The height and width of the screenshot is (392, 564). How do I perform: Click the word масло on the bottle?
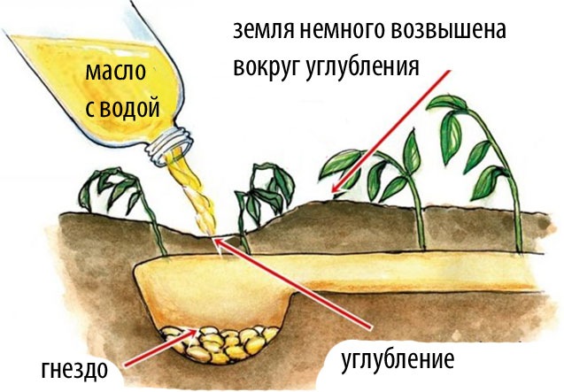point(115,73)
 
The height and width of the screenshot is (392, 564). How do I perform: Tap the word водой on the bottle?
point(129,107)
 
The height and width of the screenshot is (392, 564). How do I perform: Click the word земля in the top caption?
point(263,31)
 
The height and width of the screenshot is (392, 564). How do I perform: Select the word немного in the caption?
point(342,31)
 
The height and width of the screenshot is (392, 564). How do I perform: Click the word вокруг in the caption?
point(267,66)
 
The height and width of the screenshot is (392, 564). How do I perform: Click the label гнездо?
point(74,369)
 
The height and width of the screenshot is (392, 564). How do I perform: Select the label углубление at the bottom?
point(397,359)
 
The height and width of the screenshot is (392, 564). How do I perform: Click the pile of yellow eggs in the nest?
point(220,344)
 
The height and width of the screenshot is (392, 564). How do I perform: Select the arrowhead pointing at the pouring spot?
point(219,243)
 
